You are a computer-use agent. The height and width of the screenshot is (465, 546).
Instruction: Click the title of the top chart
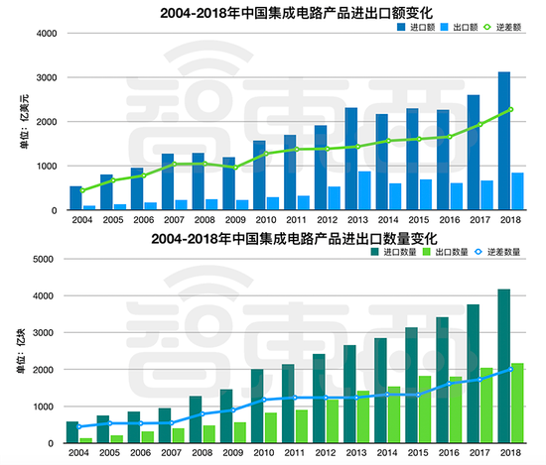coord(297,13)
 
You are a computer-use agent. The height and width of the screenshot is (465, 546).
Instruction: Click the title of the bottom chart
coord(294,239)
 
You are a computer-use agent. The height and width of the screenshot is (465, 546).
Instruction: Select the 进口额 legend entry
coord(416,27)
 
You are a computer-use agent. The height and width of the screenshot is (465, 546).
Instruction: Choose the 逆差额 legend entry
coord(502,27)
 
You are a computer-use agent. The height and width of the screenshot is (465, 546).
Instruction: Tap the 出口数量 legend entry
coord(446,252)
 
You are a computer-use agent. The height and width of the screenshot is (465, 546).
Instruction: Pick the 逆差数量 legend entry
coord(497,252)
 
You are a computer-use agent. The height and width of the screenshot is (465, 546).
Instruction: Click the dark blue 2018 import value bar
coord(504,141)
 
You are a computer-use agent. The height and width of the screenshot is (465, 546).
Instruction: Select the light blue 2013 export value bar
coord(364,190)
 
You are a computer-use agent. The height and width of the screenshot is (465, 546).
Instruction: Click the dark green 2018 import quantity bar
coord(504,366)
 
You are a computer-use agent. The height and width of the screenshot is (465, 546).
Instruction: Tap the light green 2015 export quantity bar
coord(425,409)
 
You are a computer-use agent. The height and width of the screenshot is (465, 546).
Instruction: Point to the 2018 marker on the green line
coord(511,109)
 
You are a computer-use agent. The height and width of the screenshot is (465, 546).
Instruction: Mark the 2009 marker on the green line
coord(235,168)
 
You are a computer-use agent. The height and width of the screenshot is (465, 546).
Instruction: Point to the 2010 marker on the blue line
coord(264,400)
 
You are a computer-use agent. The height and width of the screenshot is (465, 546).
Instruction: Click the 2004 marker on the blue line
coord(79,426)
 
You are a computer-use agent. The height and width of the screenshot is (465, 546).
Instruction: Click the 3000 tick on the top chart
coord(47,77)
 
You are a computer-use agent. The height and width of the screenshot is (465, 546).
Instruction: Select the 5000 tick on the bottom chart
coord(43,259)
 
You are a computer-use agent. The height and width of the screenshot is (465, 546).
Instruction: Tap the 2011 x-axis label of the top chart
coord(296,220)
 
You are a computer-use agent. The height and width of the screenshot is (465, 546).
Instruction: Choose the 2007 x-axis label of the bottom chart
coord(172,453)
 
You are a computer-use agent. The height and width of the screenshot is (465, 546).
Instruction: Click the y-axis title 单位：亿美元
coord(25,121)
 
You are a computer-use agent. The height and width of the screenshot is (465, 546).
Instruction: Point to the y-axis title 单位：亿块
coord(21,351)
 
